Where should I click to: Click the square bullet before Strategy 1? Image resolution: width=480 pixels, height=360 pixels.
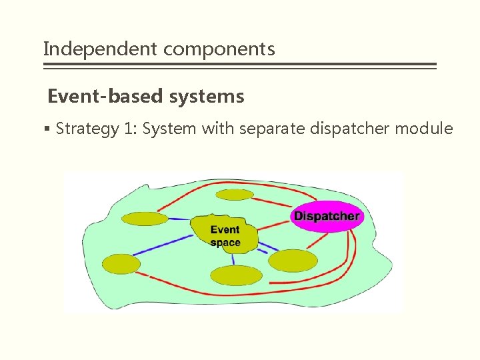(49, 129)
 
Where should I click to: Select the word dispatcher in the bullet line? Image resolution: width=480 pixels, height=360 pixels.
(352, 128)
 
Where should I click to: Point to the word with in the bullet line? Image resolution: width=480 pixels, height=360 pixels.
(215, 128)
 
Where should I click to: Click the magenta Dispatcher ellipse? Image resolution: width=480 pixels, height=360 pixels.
(327, 216)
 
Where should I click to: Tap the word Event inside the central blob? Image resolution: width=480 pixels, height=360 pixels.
(225, 230)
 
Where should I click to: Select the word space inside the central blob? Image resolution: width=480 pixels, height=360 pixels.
(225, 243)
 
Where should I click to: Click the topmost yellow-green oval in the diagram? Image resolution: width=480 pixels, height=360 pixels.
(235, 195)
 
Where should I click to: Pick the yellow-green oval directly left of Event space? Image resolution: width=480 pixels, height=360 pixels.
(145, 219)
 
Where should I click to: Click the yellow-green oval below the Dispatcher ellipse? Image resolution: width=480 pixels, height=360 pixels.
(293, 261)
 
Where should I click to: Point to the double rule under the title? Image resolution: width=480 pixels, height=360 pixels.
(239, 66)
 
